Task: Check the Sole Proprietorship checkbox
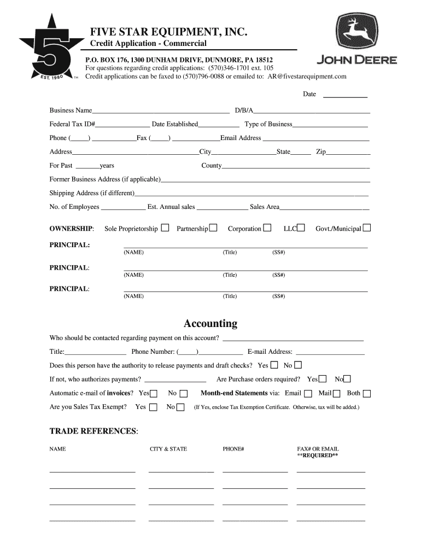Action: (165, 228)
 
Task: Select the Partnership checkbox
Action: (213, 228)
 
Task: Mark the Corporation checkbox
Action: (267, 228)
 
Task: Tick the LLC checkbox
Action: (301, 228)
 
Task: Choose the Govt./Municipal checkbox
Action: (367, 228)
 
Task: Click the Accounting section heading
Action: (210, 323)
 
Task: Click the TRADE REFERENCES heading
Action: (93, 431)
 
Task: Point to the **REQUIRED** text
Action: (317, 455)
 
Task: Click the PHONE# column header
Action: (233, 449)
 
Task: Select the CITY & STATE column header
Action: (168, 449)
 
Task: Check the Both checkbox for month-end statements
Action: (367, 393)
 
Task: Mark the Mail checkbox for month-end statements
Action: (337, 393)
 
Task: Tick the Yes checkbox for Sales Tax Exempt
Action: (153, 407)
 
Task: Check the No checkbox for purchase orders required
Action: (347, 379)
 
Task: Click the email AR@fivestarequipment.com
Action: (307, 77)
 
